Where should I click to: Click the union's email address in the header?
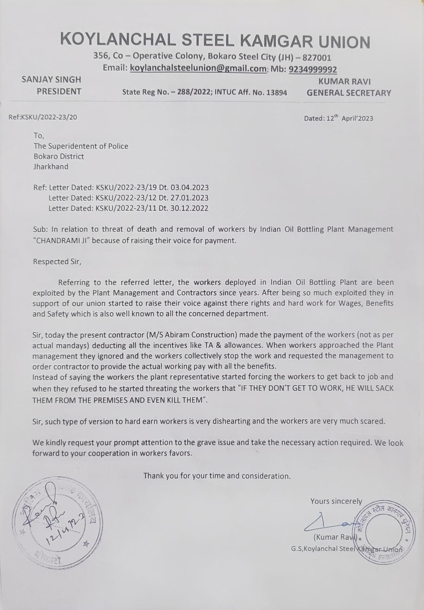[x=198, y=69]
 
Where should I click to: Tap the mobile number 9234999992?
[x=313, y=69]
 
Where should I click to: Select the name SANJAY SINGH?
[x=51, y=80]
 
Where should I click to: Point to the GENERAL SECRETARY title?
[x=349, y=93]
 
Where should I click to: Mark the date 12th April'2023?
[x=350, y=118]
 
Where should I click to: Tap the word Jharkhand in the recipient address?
[x=51, y=167]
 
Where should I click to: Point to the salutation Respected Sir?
[x=57, y=262]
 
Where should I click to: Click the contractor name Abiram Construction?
[x=201, y=335]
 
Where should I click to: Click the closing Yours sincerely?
[x=336, y=501]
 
